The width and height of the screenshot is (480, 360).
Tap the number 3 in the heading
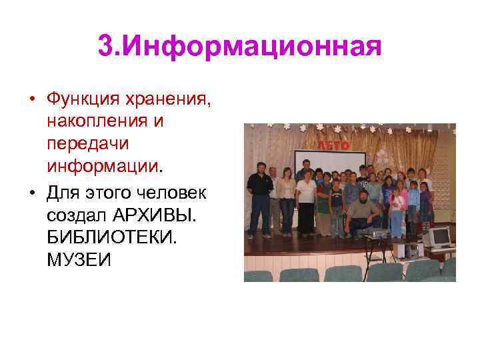click(x=105, y=47)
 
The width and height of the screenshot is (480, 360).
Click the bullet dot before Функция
click(x=31, y=101)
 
